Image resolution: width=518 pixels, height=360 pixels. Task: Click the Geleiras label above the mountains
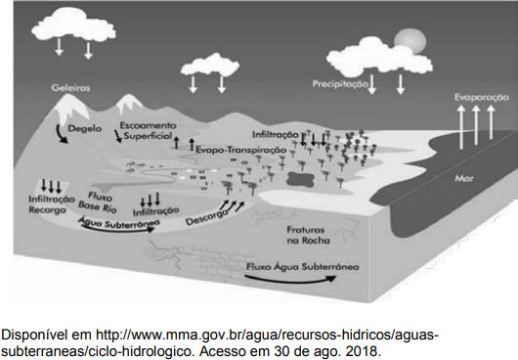[x=70, y=88]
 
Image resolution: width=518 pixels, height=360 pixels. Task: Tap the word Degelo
[x=85, y=128]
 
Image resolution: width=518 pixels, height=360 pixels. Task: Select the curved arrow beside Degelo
[x=61, y=134]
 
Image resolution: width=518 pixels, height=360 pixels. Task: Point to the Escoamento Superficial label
[x=148, y=130]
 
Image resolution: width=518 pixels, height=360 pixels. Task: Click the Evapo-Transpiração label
[x=240, y=150]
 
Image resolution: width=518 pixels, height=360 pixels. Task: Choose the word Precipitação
[x=340, y=84]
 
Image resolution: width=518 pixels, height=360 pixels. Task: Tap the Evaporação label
[x=482, y=98]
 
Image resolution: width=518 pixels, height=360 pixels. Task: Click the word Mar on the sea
[x=464, y=179]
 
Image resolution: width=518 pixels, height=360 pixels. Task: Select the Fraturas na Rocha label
[x=308, y=235]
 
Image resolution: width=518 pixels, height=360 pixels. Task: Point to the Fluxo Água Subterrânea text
[x=302, y=267]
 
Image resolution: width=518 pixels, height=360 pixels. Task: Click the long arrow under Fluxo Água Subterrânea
[x=290, y=281]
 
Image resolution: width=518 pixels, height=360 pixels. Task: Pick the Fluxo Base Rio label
[x=98, y=202]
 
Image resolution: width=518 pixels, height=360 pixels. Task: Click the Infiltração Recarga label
[x=52, y=204]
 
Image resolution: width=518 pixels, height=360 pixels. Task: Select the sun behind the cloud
[x=410, y=41]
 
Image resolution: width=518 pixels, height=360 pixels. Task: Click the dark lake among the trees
[x=300, y=178]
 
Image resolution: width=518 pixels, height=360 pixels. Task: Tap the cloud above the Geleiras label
[x=73, y=25]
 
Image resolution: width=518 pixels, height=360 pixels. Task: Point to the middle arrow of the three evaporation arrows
[x=476, y=125]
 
